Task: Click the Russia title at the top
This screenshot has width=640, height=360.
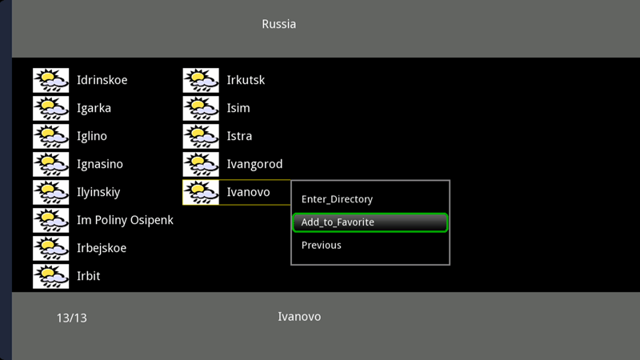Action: click(x=278, y=24)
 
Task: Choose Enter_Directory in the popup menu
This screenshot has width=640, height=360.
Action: click(x=337, y=199)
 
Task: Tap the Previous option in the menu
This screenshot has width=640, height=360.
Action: click(x=322, y=245)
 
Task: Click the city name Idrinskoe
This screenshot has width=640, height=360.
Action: click(x=102, y=80)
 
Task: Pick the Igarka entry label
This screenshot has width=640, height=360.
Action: click(x=94, y=108)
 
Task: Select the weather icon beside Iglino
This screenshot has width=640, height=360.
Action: click(x=51, y=136)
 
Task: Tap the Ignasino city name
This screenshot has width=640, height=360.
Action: click(x=99, y=164)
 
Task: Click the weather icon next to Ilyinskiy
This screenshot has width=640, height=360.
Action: click(x=51, y=192)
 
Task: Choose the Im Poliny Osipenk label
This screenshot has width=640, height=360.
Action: click(x=125, y=221)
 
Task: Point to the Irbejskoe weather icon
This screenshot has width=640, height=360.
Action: click(x=51, y=248)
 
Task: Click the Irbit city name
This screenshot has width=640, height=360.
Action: click(x=89, y=276)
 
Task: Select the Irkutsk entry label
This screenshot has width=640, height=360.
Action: click(x=246, y=80)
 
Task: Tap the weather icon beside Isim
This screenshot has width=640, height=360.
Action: click(x=201, y=108)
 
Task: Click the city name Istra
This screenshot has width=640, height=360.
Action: click(x=239, y=136)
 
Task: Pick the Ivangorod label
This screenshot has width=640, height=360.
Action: click(x=254, y=164)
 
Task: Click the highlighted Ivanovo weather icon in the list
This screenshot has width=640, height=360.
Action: click(x=201, y=192)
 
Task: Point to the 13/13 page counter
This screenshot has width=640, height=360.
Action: click(x=71, y=318)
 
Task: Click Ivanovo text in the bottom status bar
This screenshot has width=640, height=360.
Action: click(x=299, y=317)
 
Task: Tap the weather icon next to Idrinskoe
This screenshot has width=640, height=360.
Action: click(x=51, y=81)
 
